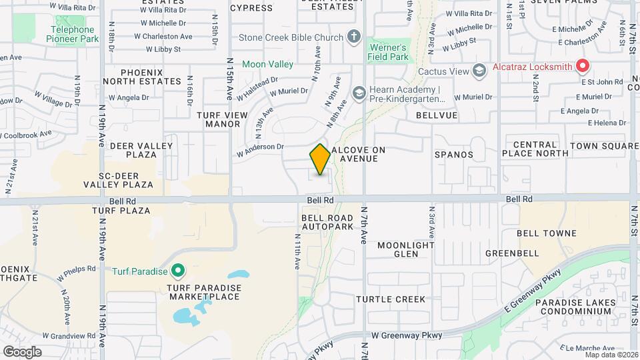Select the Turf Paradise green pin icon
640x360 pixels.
[178, 271]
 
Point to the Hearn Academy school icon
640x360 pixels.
[359, 93]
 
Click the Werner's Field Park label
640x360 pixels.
[387, 53]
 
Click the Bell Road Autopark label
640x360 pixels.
[327, 223]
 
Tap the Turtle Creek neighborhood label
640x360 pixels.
[390, 299]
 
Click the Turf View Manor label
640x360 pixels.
[218, 119]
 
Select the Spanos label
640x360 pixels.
[454, 155]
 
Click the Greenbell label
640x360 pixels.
[512, 253]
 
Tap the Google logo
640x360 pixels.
[23, 351]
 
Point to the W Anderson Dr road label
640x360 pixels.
[261, 151]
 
